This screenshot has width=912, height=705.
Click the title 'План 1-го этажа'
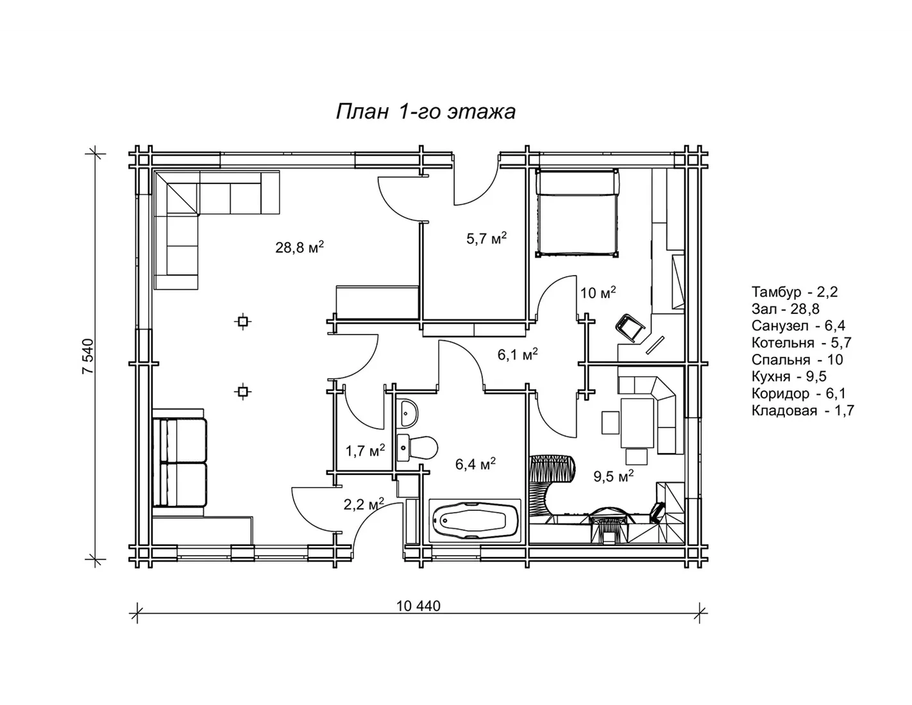click(426, 112)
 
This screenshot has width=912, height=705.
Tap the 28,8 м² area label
click(300, 247)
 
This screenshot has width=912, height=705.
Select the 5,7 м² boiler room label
click(486, 238)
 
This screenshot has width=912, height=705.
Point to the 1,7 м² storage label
click(365, 451)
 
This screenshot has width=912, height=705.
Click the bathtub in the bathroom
click(475, 521)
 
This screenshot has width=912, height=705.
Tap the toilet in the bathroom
click(417, 447)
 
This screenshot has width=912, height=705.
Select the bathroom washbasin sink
click(407, 413)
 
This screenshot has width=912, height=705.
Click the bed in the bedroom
click(577, 213)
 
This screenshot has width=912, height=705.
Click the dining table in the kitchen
click(637, 423)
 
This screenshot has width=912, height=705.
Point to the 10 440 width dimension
click(418, 606)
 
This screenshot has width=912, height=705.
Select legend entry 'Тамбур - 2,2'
click(795, 292)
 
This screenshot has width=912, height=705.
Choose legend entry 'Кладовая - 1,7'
click(803, 411)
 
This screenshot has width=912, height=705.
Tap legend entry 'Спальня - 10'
click(797, 360)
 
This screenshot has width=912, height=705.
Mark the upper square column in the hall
click(242, 322)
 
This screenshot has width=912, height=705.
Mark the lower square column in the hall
click(242, 392)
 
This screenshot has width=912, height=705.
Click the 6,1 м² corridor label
click(518, 355)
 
